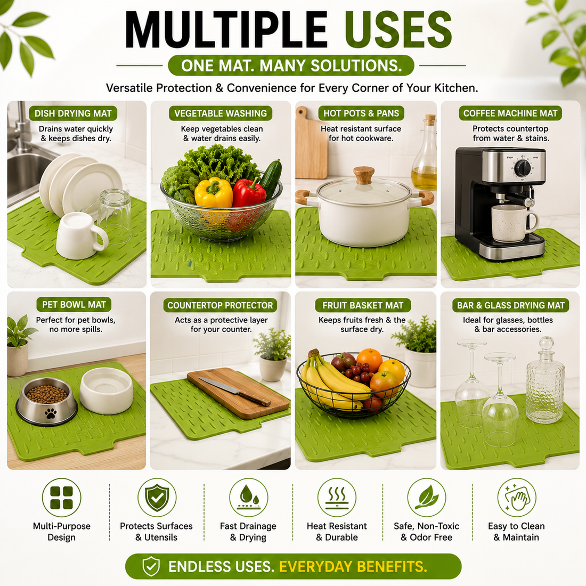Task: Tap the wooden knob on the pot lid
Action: pyautogui.click(x=364, y=175)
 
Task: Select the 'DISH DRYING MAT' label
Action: pyautogui.click(x=73, y=113)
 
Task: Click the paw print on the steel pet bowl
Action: pyautogui.click(x=51, y=413)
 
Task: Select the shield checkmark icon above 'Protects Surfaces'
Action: pyautogui.click(x=157, y=498)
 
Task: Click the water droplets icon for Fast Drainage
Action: pyautogui.click(x=249, y=498)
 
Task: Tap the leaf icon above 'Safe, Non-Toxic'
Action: pyautogui.click(x=426, y=498)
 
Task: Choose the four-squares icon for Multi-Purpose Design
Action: pyautogui.click(x=62, y=498)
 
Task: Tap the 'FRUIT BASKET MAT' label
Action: pyautogui.click(x=363, y=305)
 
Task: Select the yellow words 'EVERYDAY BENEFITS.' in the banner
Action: pyautogui.click(x=353, y=567)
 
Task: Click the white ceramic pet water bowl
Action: pyautogui.click(x=106, y=390)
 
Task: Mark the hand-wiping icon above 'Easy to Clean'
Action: pyautogui.click(x=517, y=498)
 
